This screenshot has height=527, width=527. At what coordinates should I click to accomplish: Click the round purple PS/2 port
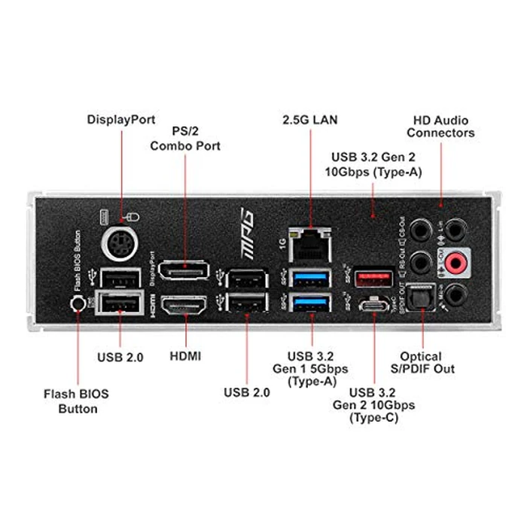pyautogui.click(x=121, y=243)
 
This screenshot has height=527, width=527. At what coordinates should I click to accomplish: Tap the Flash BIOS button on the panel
pyautogui.click(x=76, y=303)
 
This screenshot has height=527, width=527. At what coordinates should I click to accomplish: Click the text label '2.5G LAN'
pyautogui.click(x=310, y=120)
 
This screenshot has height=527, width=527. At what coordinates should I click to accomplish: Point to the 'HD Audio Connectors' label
pyautogui.click(x=441, y=126)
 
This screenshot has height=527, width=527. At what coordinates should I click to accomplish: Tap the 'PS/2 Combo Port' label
pyautogui.click(x=185, y=139)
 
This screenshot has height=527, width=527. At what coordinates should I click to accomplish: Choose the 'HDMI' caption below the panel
pyautogui.click(x=185, y=355)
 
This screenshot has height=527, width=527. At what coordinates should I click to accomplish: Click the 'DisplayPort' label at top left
pyautogui.click(x=121, y=119)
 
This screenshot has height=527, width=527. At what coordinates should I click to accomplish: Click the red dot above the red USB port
pyautogui.click(x=373, y=215)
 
